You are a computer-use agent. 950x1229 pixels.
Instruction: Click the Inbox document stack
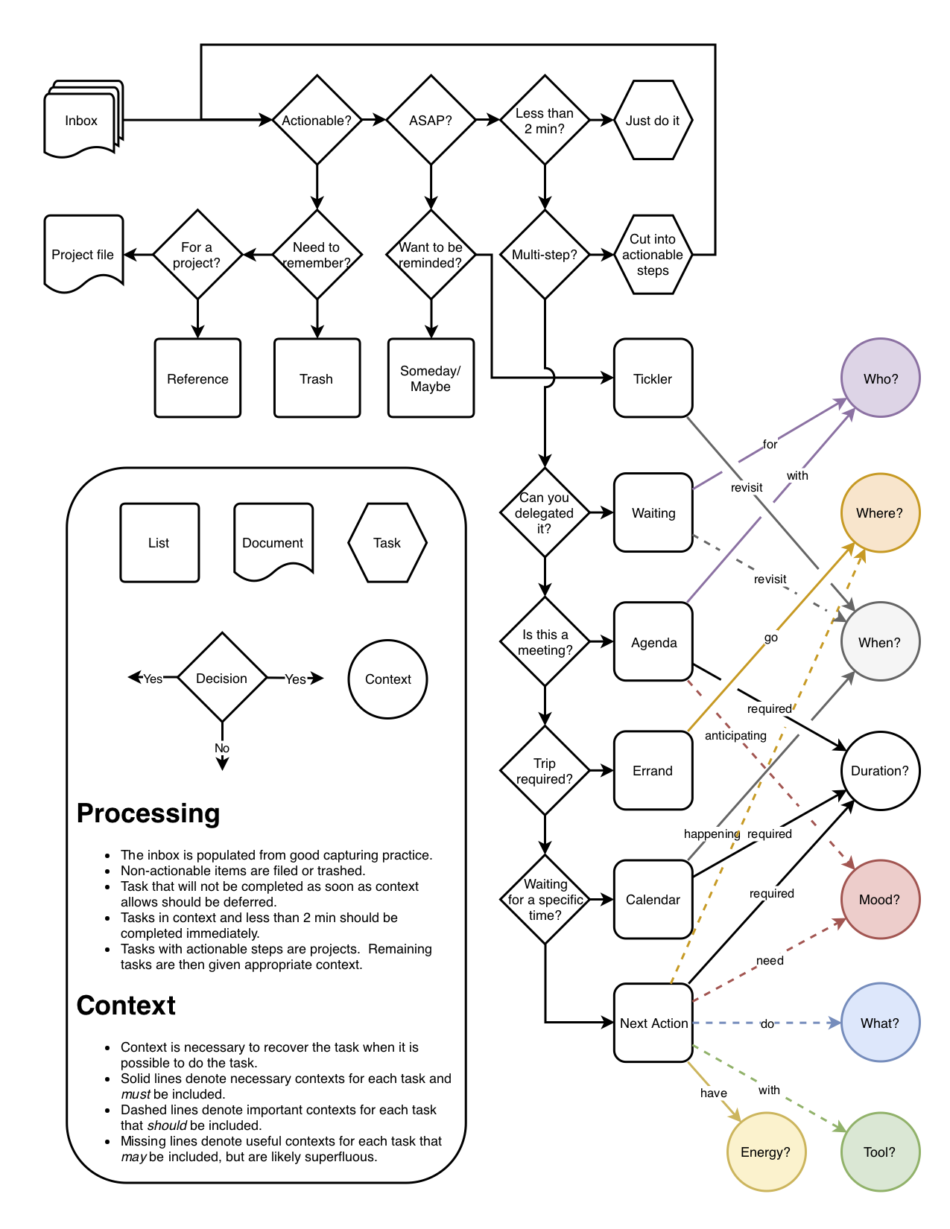click(81, 121)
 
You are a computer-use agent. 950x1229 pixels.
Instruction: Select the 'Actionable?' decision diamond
click(317, 120)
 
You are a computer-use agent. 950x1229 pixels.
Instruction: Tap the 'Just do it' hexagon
click(653, 120)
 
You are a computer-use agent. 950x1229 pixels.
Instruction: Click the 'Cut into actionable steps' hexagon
click(653, 255)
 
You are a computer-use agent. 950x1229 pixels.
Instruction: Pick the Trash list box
click(317, 378)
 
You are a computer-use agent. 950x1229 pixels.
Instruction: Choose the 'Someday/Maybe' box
click(431, 378)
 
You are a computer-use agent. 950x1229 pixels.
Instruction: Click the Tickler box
click(653, 378)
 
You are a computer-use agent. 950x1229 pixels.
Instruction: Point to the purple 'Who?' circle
click(880, 378)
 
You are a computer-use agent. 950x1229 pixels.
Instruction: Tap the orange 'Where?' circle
click(880, 513)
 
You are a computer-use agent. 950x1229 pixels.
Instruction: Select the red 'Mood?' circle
click(880, 899)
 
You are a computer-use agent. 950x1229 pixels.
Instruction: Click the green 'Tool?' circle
click(880, 1152)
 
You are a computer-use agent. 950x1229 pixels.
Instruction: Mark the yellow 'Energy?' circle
click(765, 1152)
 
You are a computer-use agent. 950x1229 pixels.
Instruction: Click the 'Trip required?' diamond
click(545, 771)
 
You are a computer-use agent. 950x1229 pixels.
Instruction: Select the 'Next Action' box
click(653, 1023)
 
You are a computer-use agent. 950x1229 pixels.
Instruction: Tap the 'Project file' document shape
click(83, 254)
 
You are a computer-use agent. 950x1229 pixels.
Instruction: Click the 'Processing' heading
click(148, 813)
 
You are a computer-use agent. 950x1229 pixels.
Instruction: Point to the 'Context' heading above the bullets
click(126, 1006)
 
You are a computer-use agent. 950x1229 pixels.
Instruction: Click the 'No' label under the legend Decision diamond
click(222, 748)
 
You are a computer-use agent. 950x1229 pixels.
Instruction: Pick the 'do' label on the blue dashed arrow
click(767, 1023)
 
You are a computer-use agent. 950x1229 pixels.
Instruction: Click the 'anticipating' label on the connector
click(735, 735)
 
